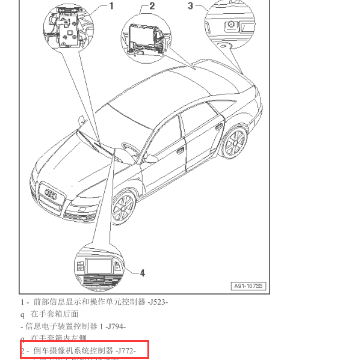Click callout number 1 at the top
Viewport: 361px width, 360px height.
click(x=111, y=6)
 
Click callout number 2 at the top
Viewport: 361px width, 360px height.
click(x=152, y=6)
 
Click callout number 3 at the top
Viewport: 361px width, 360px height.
click(x=191, y=6)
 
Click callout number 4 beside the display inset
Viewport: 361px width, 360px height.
click(x=142, y=273)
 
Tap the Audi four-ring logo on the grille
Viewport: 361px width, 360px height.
click(x=51, y=195)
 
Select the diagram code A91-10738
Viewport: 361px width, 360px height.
click(x=249, y=286)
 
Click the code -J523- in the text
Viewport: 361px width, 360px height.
click(x=158, y=302)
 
